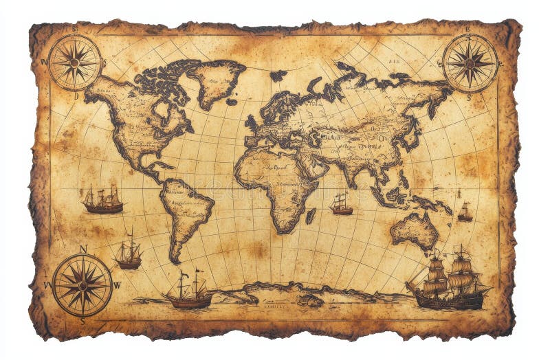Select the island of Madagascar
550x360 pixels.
[311, 215]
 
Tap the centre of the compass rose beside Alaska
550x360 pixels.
[74, 62]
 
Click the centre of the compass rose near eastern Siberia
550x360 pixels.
[470, 62]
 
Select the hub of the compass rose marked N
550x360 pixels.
[82, 284]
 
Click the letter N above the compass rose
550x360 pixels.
[83, 249]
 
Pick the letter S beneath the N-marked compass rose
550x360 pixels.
[82, 320]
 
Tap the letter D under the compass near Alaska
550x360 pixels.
[76, 96]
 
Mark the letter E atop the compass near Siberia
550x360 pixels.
[468, 30]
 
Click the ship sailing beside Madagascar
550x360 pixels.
[340, 205]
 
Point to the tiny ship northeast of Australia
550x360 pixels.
[465, 214]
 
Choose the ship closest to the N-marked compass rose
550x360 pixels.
[128, 255]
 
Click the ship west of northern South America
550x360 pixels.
[103, 200]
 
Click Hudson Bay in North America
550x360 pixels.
[163, 111]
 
